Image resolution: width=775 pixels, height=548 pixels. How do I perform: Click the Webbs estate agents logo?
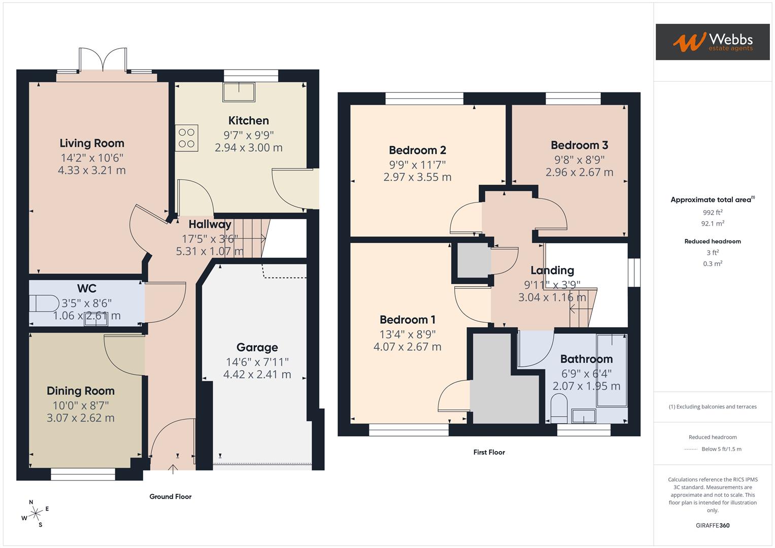click(712, 42)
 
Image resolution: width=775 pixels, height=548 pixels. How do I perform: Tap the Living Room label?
click(92, 144)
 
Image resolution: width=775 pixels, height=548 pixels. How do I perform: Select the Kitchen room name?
click(248, 121)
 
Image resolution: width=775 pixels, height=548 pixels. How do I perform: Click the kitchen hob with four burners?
click(187, 138)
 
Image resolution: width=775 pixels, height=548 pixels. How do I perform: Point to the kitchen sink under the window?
click(240, 91)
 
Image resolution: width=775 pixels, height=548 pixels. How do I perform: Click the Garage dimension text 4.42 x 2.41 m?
click(257, 374)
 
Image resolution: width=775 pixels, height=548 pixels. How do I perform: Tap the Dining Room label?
click(81, 391)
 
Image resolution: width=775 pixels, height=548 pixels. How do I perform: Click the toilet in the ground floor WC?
click(44, 303)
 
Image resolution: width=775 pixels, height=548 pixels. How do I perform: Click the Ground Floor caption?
click(170, 497)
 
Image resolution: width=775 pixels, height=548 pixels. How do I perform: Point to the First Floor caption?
click(489, 452)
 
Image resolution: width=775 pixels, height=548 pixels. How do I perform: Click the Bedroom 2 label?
click(417, 150)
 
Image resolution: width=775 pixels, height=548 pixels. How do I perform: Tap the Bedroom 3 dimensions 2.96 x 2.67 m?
click(579, 173)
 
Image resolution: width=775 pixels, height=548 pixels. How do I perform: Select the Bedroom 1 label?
click(407, 320)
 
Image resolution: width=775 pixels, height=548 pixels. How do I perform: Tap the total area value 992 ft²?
click(713, 213)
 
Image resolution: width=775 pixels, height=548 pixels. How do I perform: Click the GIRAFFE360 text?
click(712, 525)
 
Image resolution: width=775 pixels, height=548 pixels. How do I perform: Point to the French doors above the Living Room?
click(103, 60)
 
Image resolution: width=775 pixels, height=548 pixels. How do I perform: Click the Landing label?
click(552, 270)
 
